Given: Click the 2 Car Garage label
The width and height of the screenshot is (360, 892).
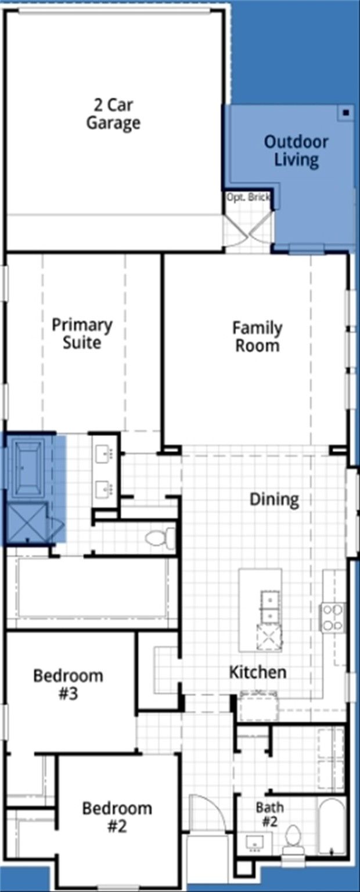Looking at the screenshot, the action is [x=113, y=114].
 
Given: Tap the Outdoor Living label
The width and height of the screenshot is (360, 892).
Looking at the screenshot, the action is [x=296, y=150].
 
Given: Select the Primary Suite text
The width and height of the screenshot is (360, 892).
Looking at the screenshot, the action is [x=82, y=334].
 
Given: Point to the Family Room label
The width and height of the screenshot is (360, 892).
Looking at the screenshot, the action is [x=257, y=336].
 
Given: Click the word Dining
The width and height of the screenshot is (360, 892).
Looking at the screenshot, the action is [x=274, y=499].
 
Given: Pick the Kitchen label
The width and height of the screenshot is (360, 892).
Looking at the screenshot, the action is [x=258, y=672].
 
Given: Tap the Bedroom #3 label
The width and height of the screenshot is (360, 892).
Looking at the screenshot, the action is [x=68, y=684].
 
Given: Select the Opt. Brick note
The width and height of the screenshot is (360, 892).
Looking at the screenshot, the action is [x=248, y=197].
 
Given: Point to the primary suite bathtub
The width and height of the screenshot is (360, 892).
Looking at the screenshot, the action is [x=28, y=466].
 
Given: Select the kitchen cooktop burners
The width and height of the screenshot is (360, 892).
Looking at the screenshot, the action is [x=333, y=617].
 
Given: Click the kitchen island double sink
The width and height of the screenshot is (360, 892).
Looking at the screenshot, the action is [x=270, y=606].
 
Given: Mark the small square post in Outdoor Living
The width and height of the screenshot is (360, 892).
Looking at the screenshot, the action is [x=346, y=113].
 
